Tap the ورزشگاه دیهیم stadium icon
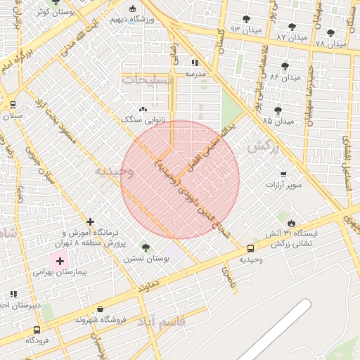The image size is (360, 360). pos(134,8)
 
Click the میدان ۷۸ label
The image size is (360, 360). pos(330,44)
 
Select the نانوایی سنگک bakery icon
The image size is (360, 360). pos(143,110)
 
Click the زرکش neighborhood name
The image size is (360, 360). pos(263,147)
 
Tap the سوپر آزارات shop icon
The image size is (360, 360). pos(283,174)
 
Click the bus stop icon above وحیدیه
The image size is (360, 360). pos(251,249)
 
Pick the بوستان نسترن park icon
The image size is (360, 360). pos(145,247)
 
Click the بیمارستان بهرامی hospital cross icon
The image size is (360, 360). pos(60,261)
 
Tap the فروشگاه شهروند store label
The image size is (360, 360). pos(100,319)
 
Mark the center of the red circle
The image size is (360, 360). pos(180,179)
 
